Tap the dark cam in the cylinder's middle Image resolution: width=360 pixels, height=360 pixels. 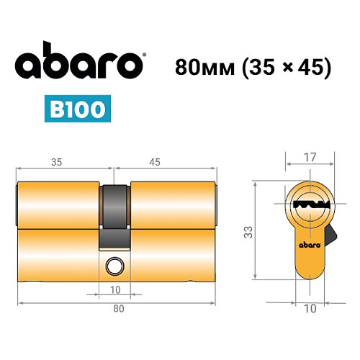[x=114, y=212]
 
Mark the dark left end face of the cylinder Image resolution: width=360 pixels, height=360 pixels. [x=18, y=205]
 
